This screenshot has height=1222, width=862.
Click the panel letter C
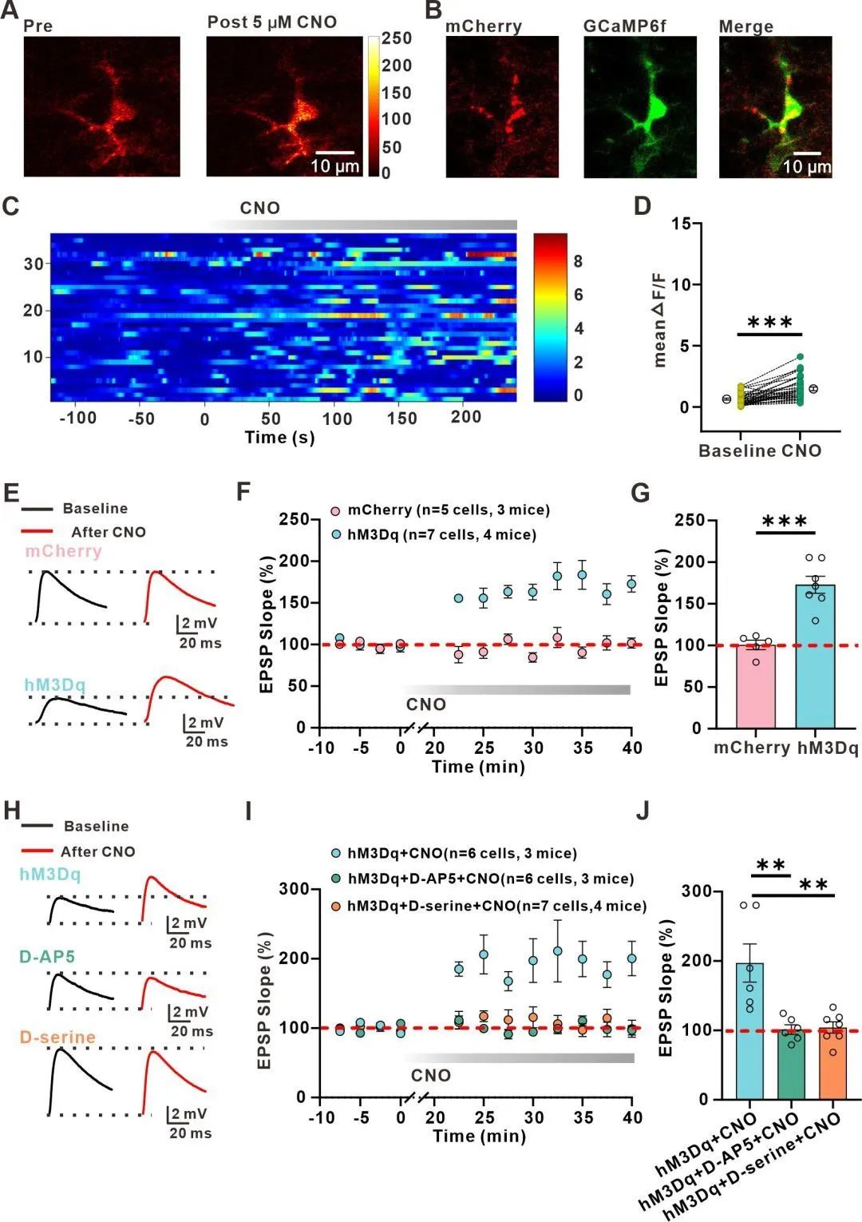click(10, 206)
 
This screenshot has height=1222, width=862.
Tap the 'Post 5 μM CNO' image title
click(271, 22)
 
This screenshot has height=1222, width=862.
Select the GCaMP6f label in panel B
click(624, 26)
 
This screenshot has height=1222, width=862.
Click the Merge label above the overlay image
click(745, 26)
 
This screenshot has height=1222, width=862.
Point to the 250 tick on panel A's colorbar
click(397, 38)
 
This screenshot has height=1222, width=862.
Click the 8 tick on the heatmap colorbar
click(578, 262)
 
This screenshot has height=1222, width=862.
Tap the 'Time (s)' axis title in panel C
click(279, 438)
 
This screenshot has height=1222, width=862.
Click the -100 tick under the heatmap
click(77, 418)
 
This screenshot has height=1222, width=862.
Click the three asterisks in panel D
click(769, 323)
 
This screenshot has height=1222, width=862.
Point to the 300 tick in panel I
click(293, 889)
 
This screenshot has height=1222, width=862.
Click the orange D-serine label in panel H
click(57, 1037)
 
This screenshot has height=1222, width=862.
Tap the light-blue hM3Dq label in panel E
click(54, 684)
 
